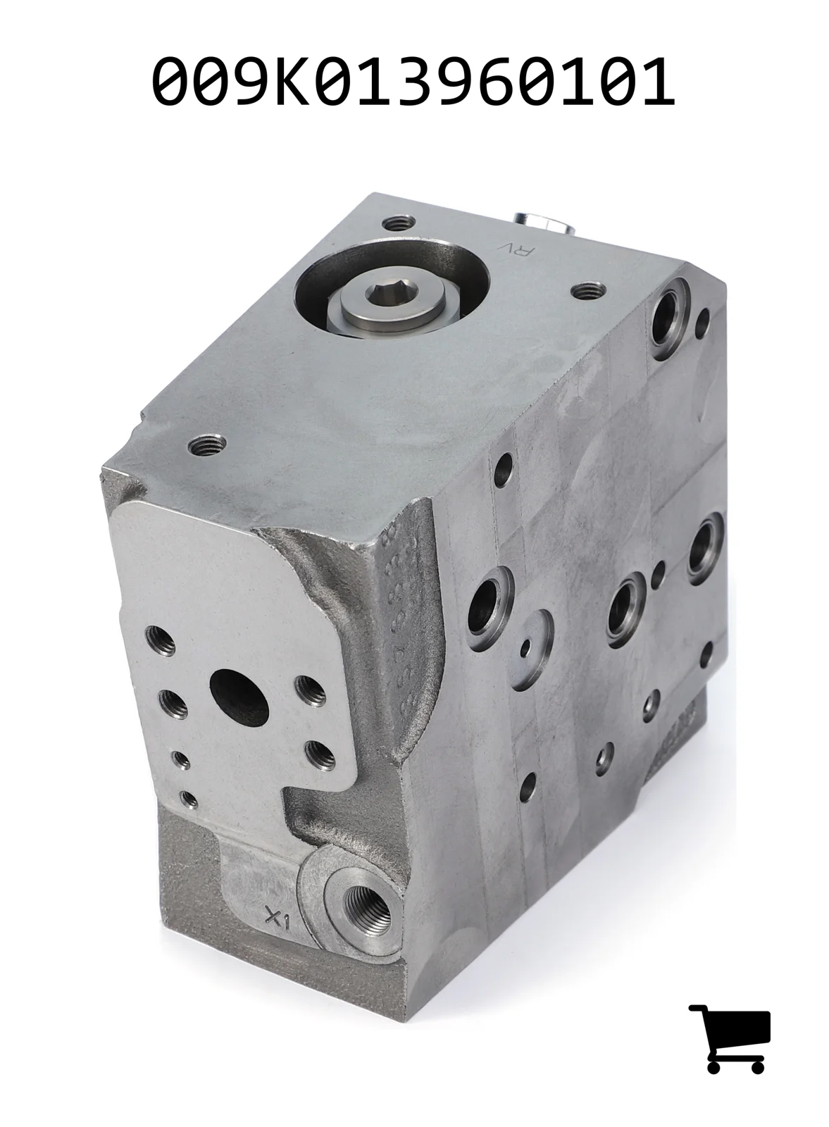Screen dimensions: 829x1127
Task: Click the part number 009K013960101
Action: (x=413, y=81)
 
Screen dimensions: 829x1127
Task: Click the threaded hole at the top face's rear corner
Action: (x=399, y=222)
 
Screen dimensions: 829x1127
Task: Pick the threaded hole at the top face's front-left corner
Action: (x=206, y=444)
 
